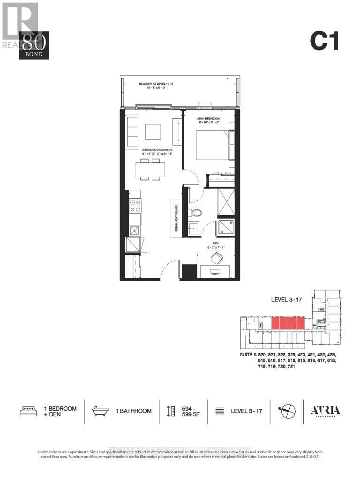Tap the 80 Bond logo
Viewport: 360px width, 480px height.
pyautogui.click(x=34, y=45)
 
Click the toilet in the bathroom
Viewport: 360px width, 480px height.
pyautogui.click(x=195, y=213)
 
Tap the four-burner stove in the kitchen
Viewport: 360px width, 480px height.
pyautogui.click(x=135, y=205)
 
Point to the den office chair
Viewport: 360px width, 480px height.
pyautogui.click(x=217, y=258)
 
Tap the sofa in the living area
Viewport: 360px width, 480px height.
pyautogui.click(x=132, y=132)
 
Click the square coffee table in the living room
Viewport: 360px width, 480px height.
pyautogui.click(x=153, y=132)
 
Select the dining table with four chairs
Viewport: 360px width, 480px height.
pyautogui.click(x=150, y=169)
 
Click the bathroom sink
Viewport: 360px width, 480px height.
pyautogui.click(x=193, y=229)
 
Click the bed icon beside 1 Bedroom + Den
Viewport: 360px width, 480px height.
pyautogui.click(x=28, y=411)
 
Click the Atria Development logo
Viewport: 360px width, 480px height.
pyautogui.click(x=325, y=411)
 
